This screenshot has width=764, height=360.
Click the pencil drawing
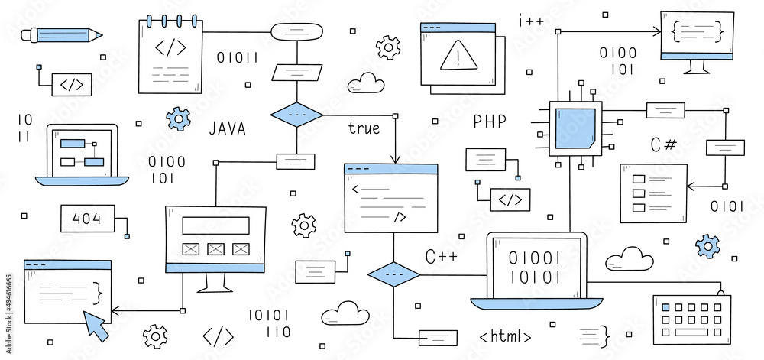click(62, 34)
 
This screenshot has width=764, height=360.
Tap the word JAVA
click(227, 128)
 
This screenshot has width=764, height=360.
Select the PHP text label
click(489, 122)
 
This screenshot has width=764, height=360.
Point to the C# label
click(663, 144)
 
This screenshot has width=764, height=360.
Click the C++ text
click(441, 257)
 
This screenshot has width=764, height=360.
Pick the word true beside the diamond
click(364, 128)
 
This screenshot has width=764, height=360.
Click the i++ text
click(531, 21)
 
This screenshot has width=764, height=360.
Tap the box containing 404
click(87, 219)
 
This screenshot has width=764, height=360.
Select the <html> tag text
click(505, 336)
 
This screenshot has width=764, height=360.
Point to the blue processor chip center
click(575, 128)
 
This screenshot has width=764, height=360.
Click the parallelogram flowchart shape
click(296, 70)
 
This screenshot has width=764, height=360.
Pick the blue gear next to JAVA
click(178, 118)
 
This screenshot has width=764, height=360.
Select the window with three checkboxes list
click(652, 193)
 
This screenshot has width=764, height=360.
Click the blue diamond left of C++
click(393, 274)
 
